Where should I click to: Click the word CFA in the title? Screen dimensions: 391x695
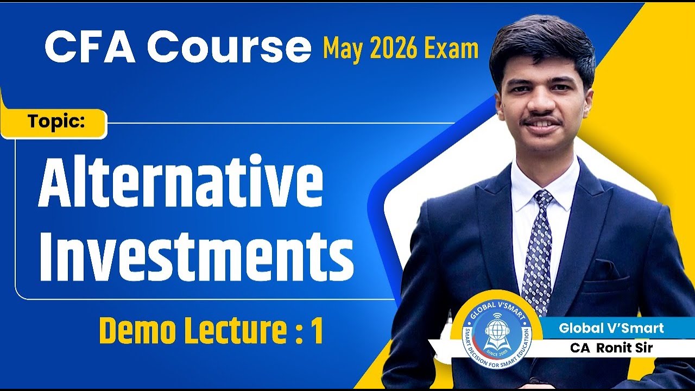(90, 47)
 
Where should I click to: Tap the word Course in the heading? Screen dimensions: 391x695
(229, 47)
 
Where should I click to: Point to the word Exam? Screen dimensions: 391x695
(452, 49)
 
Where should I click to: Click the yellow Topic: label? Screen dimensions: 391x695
(56, 122)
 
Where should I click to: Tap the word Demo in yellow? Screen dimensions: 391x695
(135, 332)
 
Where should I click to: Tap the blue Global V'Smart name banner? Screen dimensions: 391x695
(611, 328)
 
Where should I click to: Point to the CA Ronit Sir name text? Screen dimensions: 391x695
(611, 348)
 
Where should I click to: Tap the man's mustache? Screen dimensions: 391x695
(541, 121)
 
